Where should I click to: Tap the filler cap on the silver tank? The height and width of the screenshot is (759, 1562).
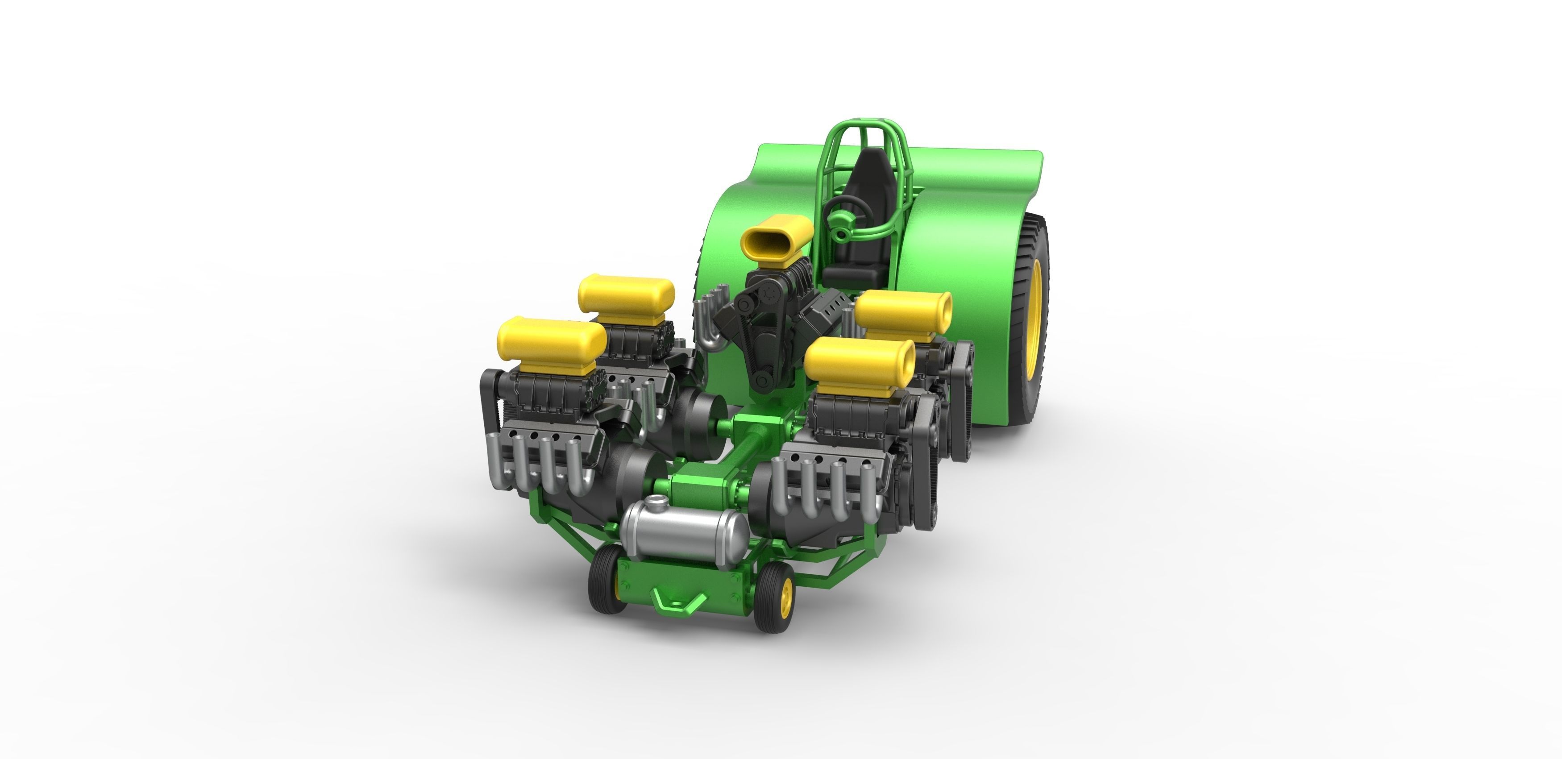click(x=654, y=502)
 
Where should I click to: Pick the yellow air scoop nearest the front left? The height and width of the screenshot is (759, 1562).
click(x=551, y=343)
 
